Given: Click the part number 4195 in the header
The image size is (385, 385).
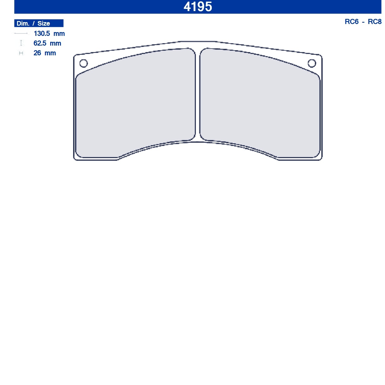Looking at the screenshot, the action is click(x=197, y=6).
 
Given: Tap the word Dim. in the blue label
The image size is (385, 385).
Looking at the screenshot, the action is click(x=23, y=23).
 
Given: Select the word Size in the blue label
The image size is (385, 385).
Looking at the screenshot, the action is click(x=44, y=23).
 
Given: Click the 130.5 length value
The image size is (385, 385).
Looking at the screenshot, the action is click(x=42, y=33).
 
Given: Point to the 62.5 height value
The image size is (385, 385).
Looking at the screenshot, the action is click(x=40, y=43).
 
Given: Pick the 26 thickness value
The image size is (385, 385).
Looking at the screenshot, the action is click(x=37, y=53).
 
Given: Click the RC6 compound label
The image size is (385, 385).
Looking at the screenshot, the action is click(x=352, y=22).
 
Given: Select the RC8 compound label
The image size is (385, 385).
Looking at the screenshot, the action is click(x=374, y=22).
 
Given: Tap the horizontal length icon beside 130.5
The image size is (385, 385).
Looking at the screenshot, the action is click(x=21, y=33).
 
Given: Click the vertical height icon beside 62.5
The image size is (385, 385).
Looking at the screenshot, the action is click(x=21, y=43).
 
